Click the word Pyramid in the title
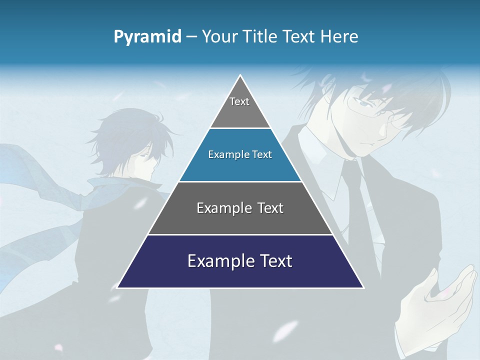pos(147,37)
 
